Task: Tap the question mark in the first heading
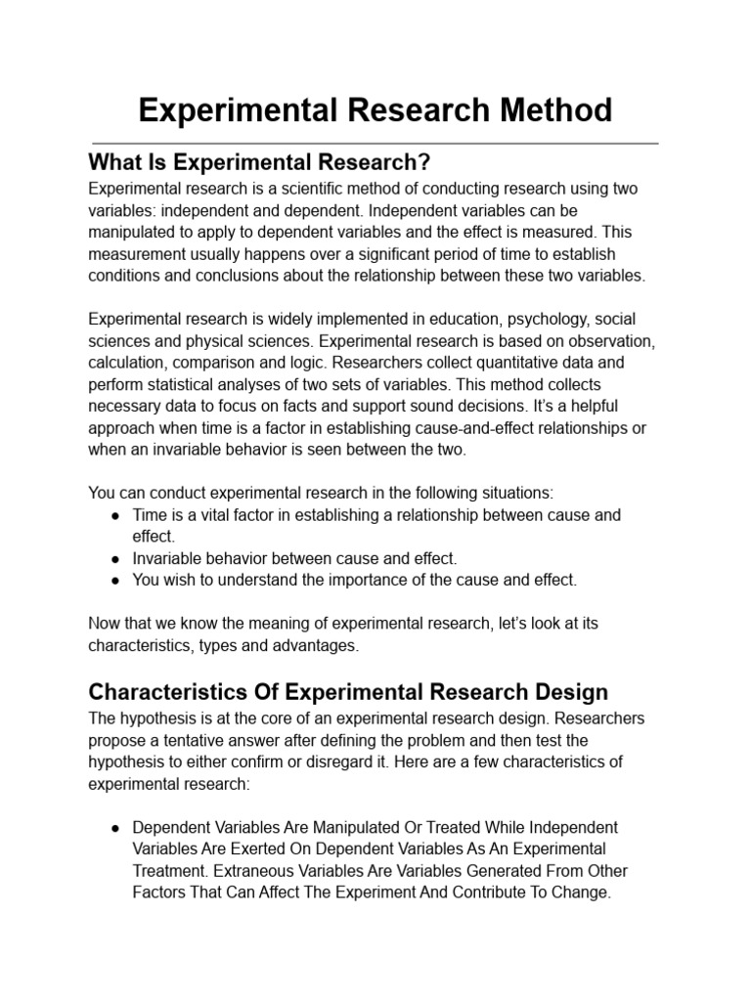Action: [425, 161]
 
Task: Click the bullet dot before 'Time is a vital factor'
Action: [115, 515]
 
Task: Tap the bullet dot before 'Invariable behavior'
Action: [115, 559]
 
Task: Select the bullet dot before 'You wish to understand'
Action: [115, 581]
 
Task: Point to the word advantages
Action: [315, 646]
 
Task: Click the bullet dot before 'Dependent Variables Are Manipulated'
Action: [115, 827]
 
